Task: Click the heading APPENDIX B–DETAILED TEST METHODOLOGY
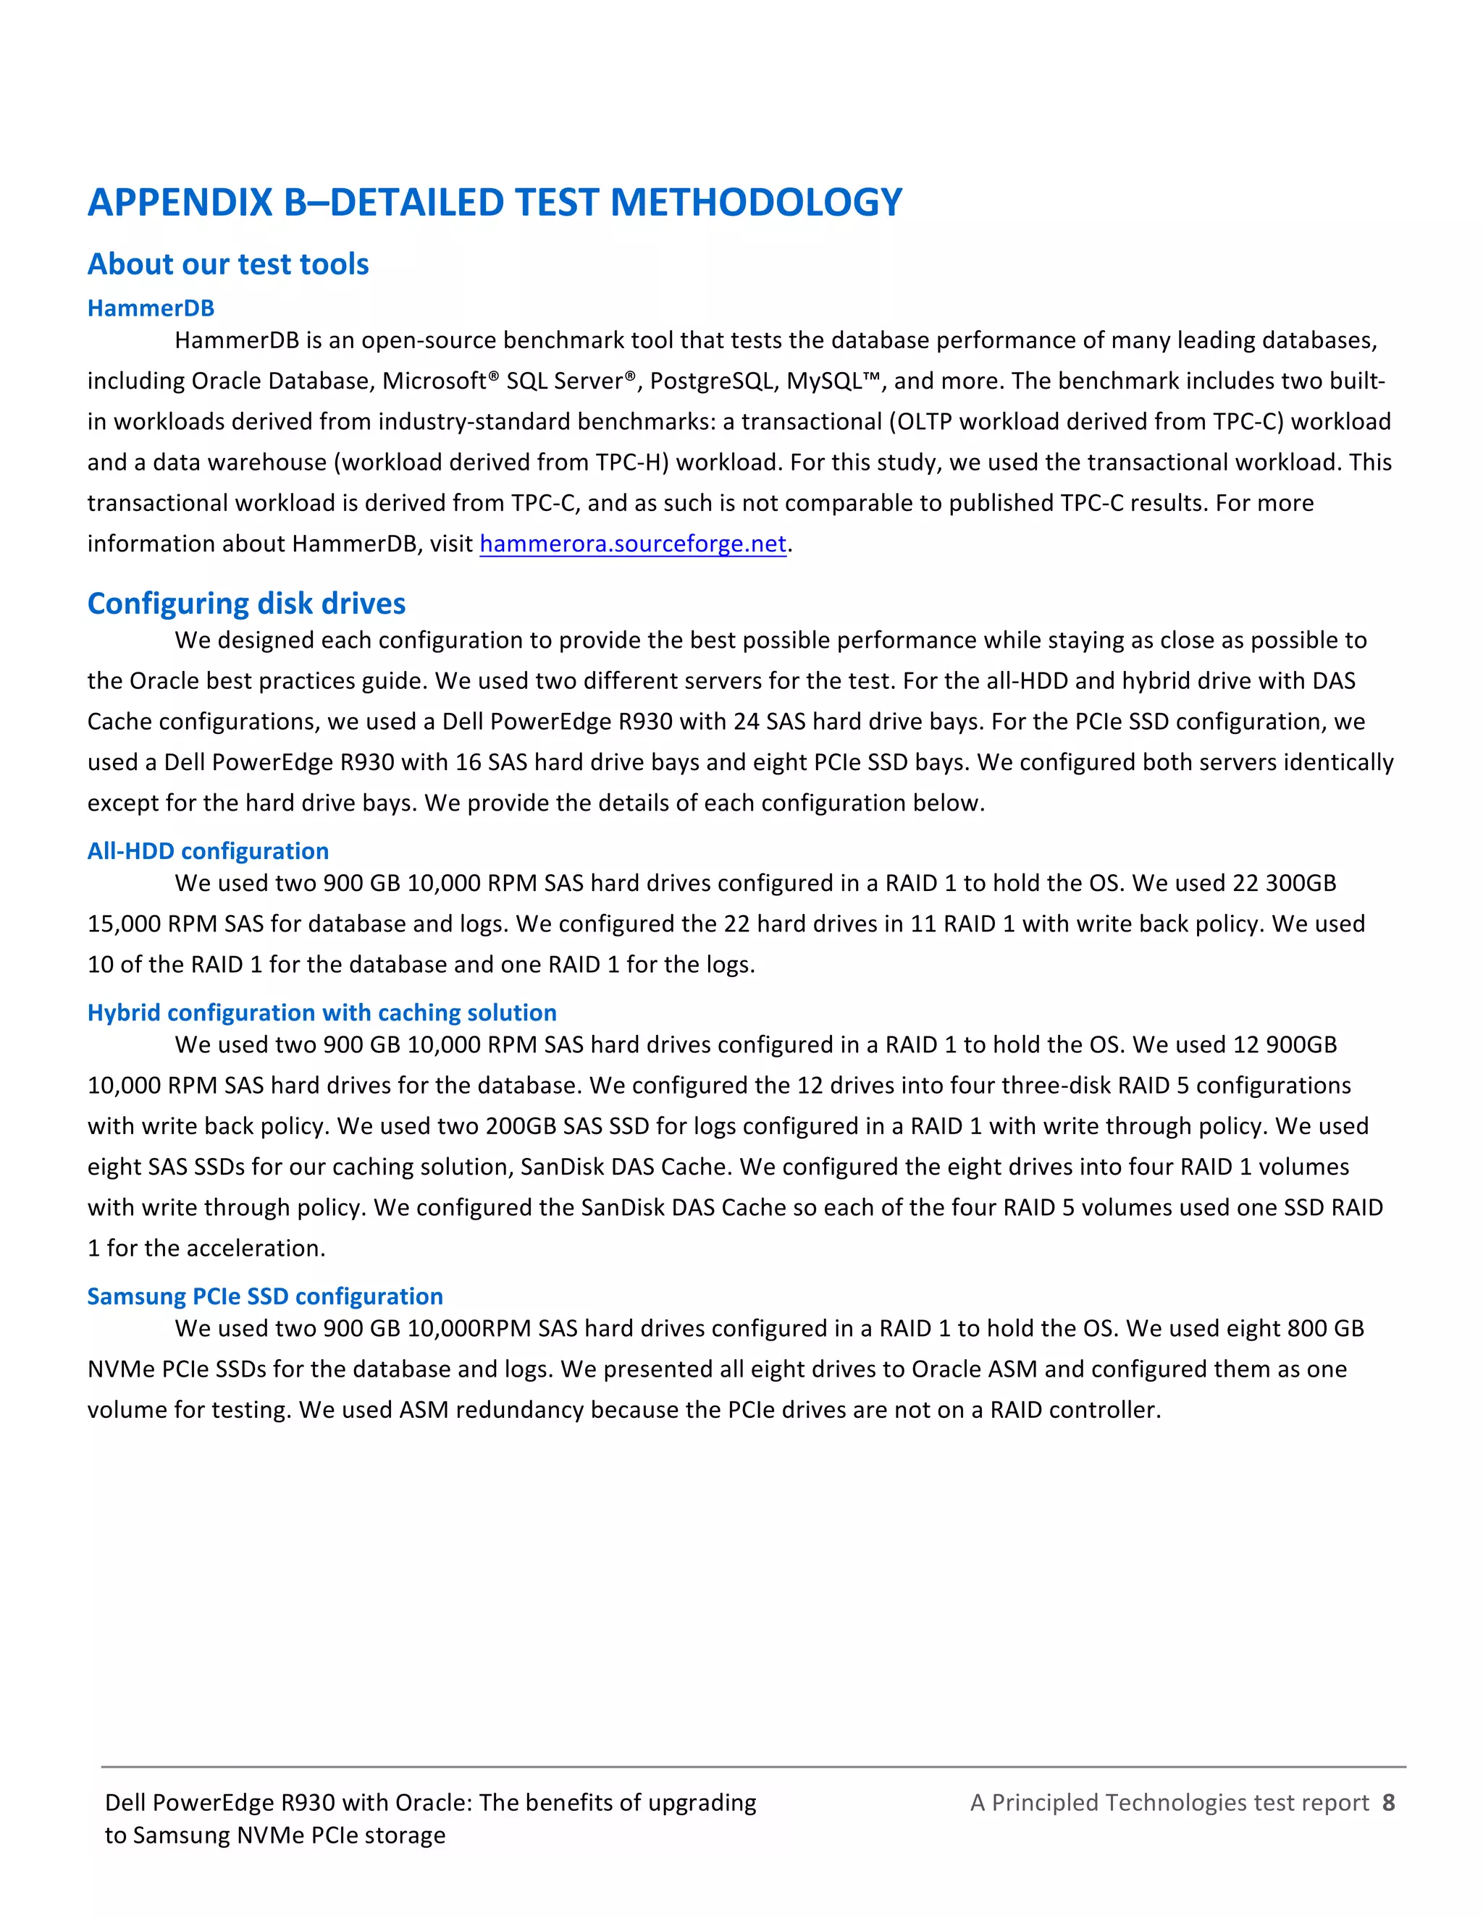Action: tap(494, 202)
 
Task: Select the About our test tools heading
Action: tap(227, 263)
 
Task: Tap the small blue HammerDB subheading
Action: tap(150, 308)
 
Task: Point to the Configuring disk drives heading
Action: tap(246, 604)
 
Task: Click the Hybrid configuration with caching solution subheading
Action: tap(322, 1012)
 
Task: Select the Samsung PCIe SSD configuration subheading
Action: tap(264, 1296)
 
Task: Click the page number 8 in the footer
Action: tap(1388, 1802)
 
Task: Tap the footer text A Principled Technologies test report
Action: tap(1169, 1802)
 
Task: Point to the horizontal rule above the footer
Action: tap(753, 1767)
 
